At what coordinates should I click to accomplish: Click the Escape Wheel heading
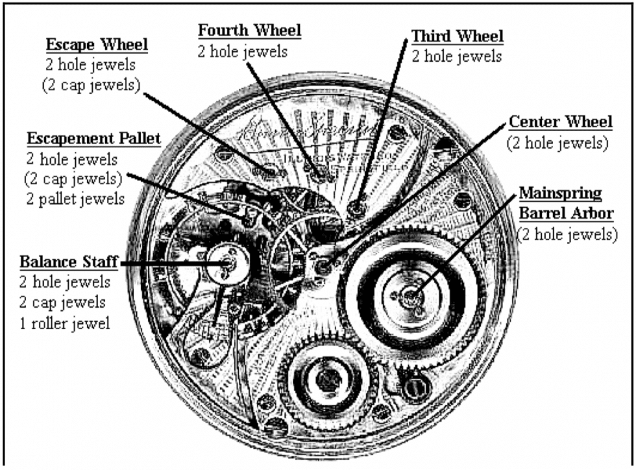[97, 45]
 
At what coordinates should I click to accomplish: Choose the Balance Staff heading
[69, 262]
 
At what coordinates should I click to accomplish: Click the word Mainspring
[560, 193]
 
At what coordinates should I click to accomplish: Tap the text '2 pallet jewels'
[75, 198]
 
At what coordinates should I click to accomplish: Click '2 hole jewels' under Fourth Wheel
[241, 51]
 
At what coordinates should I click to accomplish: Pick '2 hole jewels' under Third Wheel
[457, 56]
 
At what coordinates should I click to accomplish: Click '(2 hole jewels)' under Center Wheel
[558, 143]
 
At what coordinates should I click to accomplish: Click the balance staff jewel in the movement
[228, 263]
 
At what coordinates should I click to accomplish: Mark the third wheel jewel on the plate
[356, 208]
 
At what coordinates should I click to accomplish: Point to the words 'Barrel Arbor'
[568, 214]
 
